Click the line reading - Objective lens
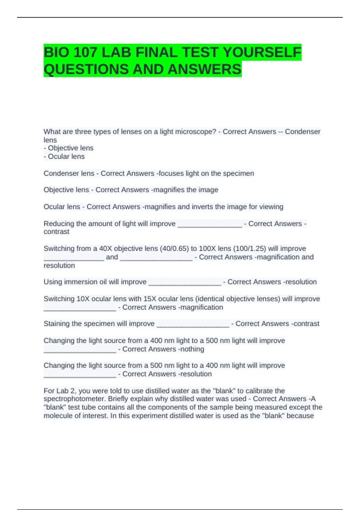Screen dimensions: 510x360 [x=68, y=148]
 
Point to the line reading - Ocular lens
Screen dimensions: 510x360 [x=64, y=157]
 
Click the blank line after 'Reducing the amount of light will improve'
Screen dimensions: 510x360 [x=210, y=224]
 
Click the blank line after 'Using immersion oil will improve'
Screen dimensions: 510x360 [x=185, y=282]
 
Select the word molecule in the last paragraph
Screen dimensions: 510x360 [x=57, y=416]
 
